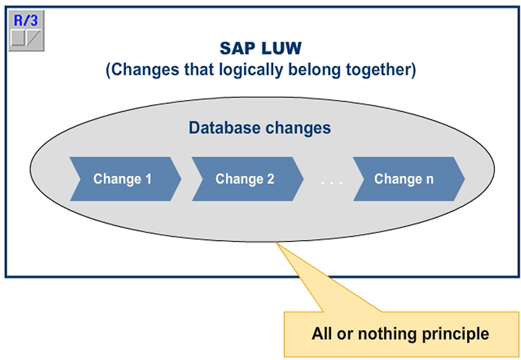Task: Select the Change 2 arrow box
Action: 247,179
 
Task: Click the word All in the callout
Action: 322,333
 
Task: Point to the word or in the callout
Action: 346,333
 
